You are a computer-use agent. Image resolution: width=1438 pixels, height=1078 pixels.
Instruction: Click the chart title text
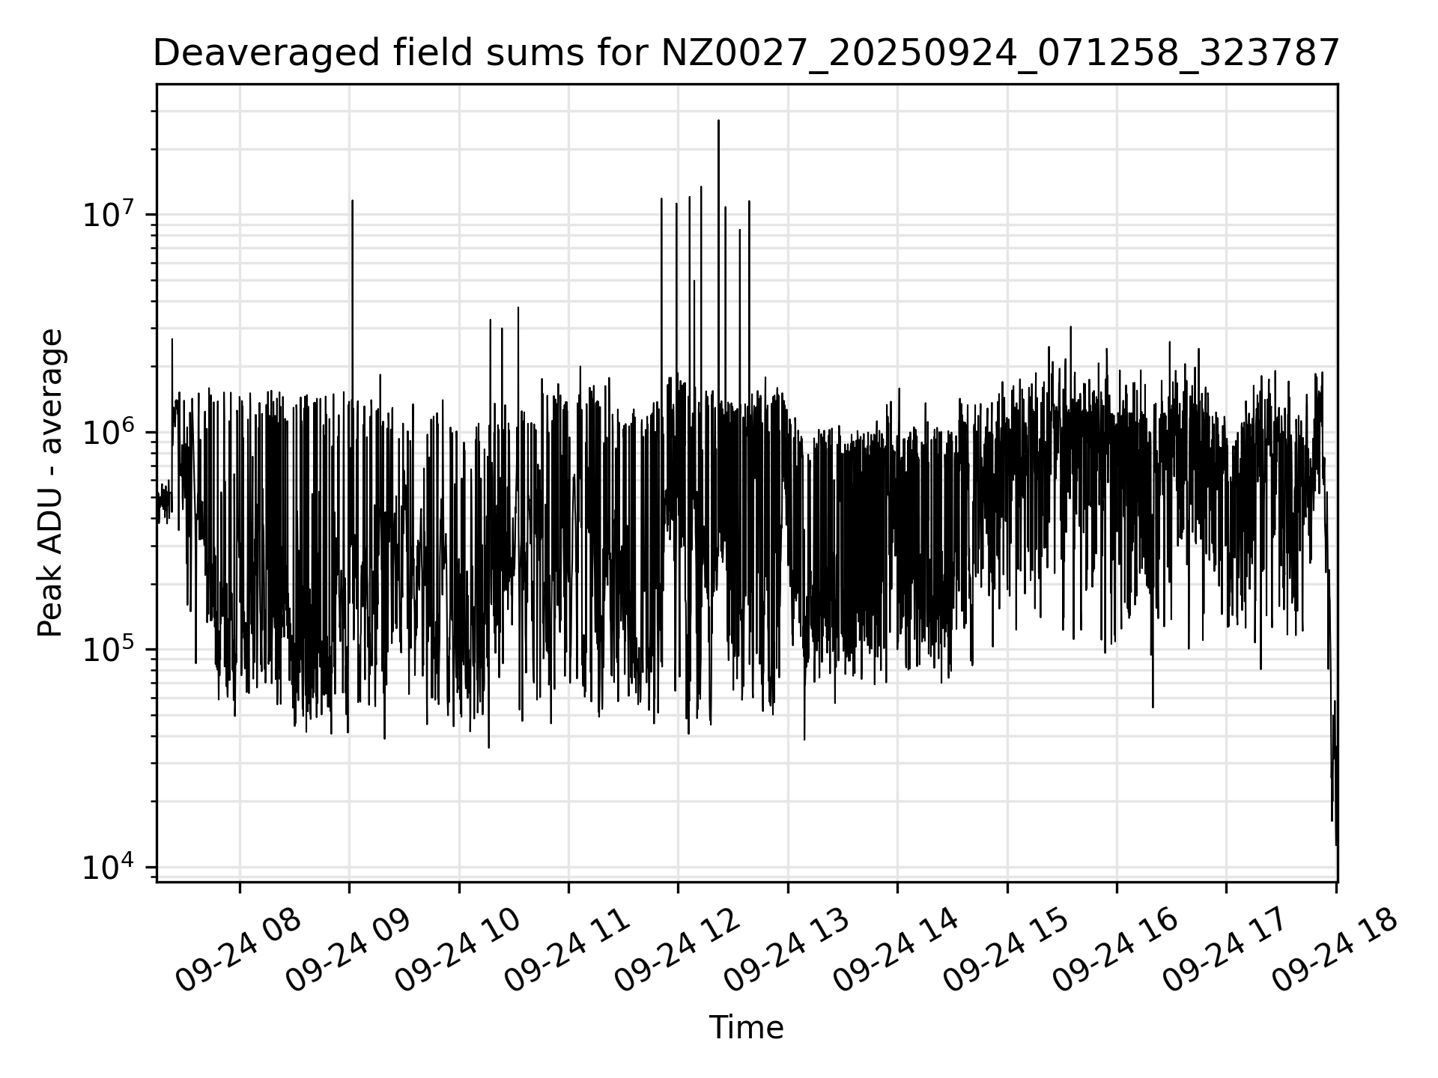tap(745, 54)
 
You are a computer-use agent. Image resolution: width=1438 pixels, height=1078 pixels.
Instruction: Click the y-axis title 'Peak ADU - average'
tap(50, 484)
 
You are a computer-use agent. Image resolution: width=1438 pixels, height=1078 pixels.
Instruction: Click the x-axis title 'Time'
tap(746, 1028)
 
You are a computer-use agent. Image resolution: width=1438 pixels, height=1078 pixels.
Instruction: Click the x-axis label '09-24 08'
tap(238, 951)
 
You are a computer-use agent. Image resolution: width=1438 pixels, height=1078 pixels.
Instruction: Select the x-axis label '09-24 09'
tap(348, 951)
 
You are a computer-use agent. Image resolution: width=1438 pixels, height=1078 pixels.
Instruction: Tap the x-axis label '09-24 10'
tap(458, 951)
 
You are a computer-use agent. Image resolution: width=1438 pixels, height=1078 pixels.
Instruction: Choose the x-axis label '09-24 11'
tap(567, 951)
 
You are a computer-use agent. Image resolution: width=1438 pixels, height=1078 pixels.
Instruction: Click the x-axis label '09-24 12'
tap(677, 951)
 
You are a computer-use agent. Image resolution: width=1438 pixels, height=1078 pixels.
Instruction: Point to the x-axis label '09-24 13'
tap(786, 951)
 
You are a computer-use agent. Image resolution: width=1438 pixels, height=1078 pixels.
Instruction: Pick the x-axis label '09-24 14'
tap(896, 951)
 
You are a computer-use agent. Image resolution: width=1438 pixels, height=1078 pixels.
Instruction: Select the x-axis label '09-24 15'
tap(1006, 951)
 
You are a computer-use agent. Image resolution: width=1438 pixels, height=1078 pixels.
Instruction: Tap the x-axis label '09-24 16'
tap(1115, 951)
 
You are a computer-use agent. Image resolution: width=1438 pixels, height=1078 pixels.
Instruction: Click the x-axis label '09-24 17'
tap(1225, 951)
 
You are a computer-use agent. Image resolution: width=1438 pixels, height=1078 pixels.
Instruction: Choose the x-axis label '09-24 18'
tap(1335, 951)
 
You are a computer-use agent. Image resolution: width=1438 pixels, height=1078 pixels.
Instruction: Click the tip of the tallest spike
tap(718, 121)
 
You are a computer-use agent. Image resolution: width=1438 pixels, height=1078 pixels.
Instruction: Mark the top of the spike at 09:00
tap(352, 201)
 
